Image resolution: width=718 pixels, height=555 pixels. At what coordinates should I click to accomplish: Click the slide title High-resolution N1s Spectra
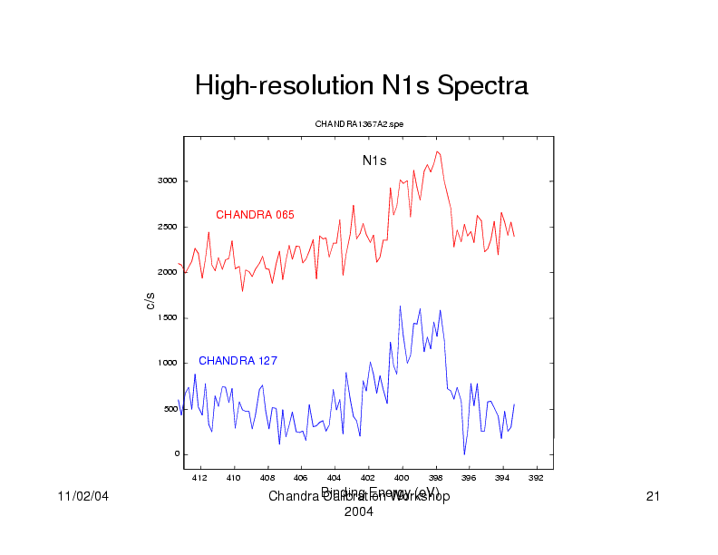click(361, 87)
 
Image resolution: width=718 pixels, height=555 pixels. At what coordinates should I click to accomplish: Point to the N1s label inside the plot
click(374, 161)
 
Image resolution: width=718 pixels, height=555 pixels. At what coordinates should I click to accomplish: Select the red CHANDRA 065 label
click(255, 215)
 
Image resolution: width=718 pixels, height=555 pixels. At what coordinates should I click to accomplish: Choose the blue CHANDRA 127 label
click(238, 361)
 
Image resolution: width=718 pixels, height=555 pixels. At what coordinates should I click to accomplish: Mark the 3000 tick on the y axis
click(168, 181)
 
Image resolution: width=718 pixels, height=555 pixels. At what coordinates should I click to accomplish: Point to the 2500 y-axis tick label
click(168, 227)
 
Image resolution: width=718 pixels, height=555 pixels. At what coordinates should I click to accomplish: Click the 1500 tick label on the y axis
click(168, 318)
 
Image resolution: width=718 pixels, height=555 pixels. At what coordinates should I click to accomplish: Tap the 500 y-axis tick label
click(170, 409)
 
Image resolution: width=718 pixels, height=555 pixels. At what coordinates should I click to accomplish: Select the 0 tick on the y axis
click(175, 454)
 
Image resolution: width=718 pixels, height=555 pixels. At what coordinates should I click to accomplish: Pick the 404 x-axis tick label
click(334, 478)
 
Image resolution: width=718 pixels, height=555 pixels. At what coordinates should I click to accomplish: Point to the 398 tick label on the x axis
click(435, 478)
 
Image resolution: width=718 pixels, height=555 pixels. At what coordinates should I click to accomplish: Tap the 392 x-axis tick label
click(536, 478)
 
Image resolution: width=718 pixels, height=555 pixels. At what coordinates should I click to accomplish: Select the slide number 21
click(651, 497)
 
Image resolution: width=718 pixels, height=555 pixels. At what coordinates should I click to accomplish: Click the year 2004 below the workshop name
click(359, 512)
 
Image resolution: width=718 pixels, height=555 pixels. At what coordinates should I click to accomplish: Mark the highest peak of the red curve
click(437, 151)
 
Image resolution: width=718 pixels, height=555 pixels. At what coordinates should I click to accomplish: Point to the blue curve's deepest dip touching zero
click(464, 453)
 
